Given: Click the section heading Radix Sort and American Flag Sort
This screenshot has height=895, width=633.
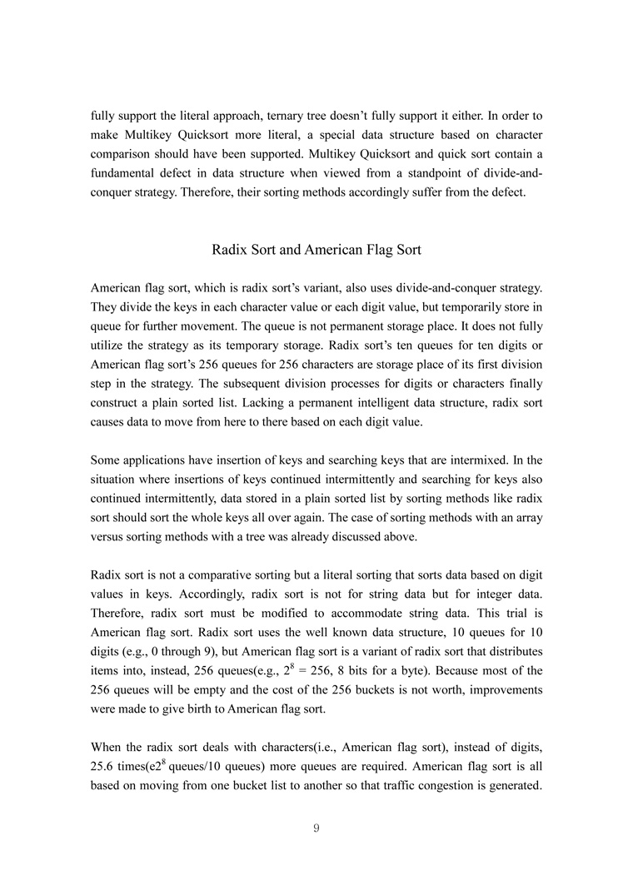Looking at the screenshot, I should click(316, 249).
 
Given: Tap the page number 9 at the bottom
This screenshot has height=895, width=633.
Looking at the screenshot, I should click(316, 828).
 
